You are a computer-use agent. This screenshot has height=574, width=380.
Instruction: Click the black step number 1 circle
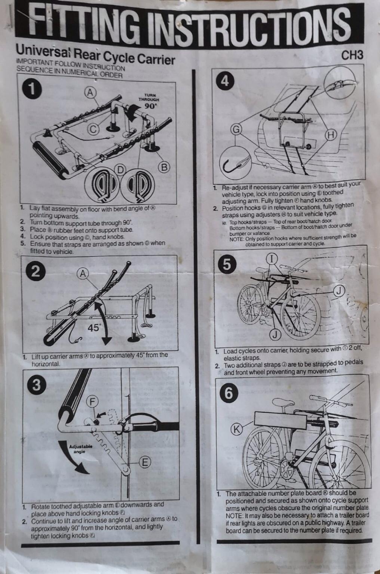tap(33, 89)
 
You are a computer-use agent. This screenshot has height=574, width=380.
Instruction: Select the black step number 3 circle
tap(36, 385)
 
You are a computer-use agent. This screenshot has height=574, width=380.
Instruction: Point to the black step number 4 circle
tap(225, 81)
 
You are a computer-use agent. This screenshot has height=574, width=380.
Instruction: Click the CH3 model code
tap(352, 55)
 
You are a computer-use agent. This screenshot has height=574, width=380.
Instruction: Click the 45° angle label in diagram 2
tap(94, 328)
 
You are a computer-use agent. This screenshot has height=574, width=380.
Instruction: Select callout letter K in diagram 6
tap(236, 429)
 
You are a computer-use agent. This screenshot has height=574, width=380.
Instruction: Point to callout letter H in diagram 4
tap(331, 135)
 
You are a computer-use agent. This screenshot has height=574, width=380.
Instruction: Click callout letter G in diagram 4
tap(236, 129)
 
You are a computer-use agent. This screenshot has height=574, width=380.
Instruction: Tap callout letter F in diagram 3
tap(92, 402)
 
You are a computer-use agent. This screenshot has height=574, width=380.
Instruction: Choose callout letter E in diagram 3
tap(145, 462)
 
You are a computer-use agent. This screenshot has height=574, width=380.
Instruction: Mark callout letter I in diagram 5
tap(272, 258)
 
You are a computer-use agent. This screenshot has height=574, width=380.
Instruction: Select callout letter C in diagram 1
tap(94, 129)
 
